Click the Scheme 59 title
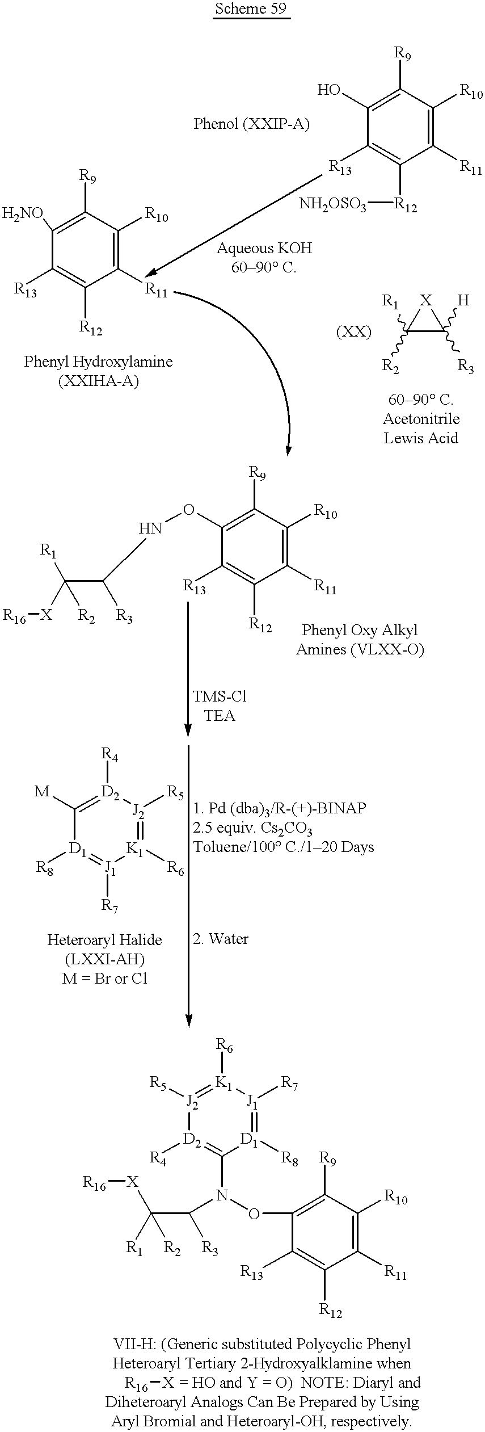pos(251,10)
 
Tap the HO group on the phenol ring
pos(329,90)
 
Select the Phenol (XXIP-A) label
pos(252,124)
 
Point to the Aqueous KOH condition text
pos(264,248)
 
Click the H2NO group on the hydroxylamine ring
pos(23,213)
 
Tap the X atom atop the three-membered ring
pos(426,300)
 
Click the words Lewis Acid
pos(420,438)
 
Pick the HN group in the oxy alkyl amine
pos(150,528)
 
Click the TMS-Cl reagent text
pos(219,696)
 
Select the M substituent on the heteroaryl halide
pos(43,791)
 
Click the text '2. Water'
pos(221,939)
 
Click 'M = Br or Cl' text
pos(104,979)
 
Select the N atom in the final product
pos(222,1195)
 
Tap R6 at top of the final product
pos(225,1044)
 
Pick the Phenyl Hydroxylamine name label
pos(98,362)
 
